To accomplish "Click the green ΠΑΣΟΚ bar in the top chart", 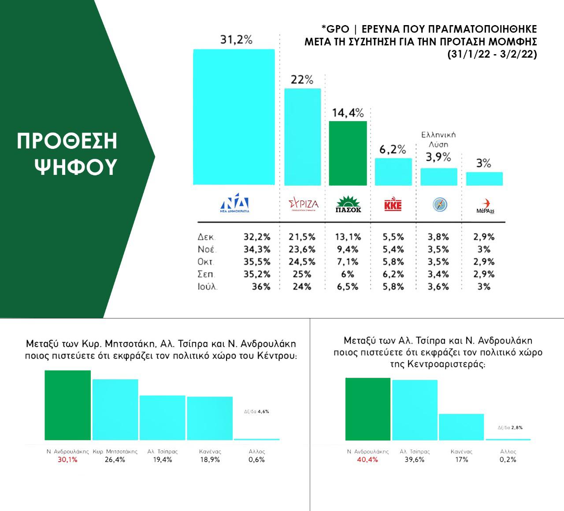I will coord(348,153).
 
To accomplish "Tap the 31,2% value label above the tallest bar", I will coord(236,40).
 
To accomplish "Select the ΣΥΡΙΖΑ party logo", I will coord(303,204).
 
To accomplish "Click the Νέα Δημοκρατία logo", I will coord(234,204).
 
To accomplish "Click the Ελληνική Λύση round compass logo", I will coord(440,204).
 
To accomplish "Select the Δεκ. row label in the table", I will coord(206,237).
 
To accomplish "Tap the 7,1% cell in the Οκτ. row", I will coord(348,262).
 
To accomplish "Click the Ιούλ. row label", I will coord(208,287).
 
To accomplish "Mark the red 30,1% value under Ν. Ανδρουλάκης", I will coord(68,459).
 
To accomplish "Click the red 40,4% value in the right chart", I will coord(367,459).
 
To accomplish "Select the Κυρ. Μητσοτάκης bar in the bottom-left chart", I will coord(115,409).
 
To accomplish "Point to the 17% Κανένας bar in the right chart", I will coord(461,427).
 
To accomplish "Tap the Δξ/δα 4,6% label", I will coord(256,411).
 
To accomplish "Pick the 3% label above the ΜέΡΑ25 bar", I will coord(484,163).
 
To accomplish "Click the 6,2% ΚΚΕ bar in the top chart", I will coord(393,172).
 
